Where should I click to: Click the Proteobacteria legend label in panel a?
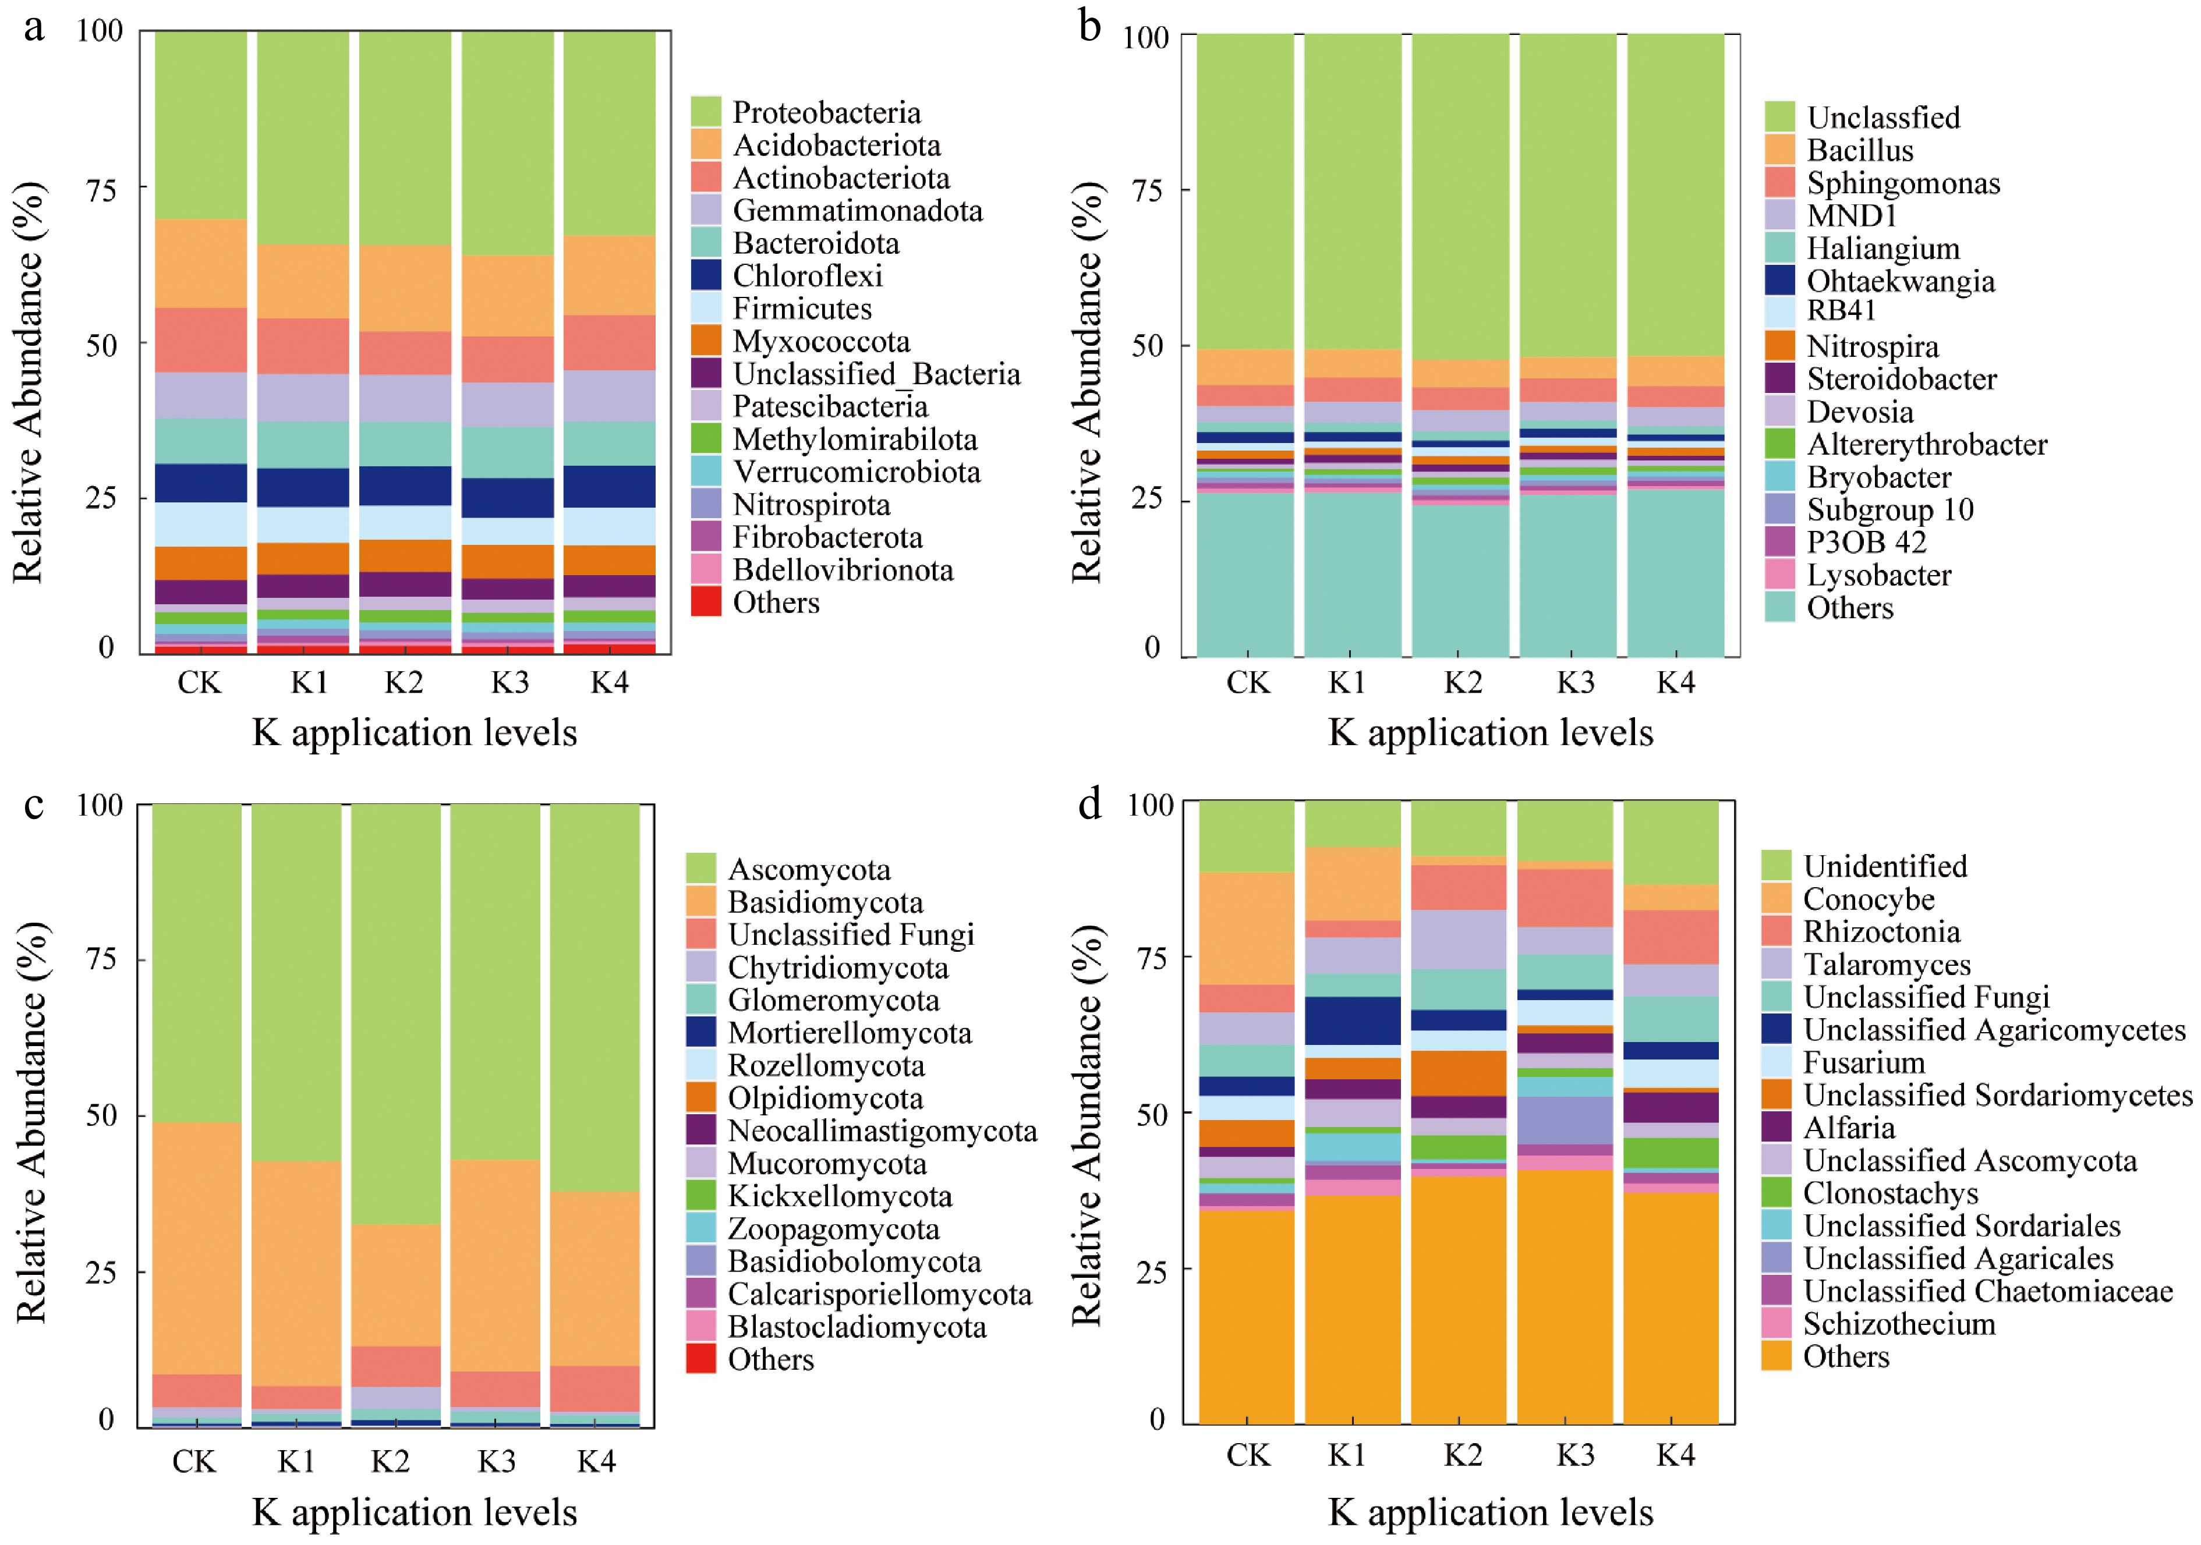point(826,112)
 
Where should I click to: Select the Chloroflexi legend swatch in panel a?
point(706,275)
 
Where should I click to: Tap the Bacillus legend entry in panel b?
point(1860,150)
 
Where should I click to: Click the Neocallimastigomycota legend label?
point(882,1131)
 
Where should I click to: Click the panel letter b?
point(1089,27)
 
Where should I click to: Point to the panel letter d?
point(1089,803)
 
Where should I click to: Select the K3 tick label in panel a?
point(510,682)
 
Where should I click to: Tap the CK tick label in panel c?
point(194,1462)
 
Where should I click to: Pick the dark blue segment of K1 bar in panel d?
point(1353,1020)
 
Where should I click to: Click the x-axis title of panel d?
point(1491,1512)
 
